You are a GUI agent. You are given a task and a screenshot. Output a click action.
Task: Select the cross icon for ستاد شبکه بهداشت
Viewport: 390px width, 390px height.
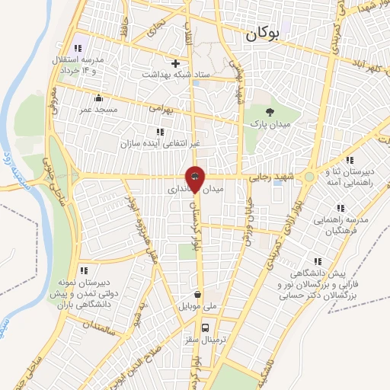tap(176, 63)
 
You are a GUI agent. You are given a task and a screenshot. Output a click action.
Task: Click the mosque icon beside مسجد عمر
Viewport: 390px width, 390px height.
tap(98, 97)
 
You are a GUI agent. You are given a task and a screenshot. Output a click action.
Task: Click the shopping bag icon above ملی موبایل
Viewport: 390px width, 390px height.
tap(198, 294)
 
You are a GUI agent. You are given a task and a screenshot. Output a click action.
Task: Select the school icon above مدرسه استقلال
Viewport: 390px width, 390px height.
tap(91, 47)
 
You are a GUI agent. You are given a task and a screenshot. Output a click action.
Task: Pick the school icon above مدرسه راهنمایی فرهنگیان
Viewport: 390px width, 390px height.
tap(341, 207)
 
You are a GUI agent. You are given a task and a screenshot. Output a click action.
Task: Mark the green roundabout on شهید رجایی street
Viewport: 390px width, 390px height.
tap(309, 178)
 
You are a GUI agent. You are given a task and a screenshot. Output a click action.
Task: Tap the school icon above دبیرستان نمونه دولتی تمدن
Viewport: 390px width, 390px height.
tap(84, 270)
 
